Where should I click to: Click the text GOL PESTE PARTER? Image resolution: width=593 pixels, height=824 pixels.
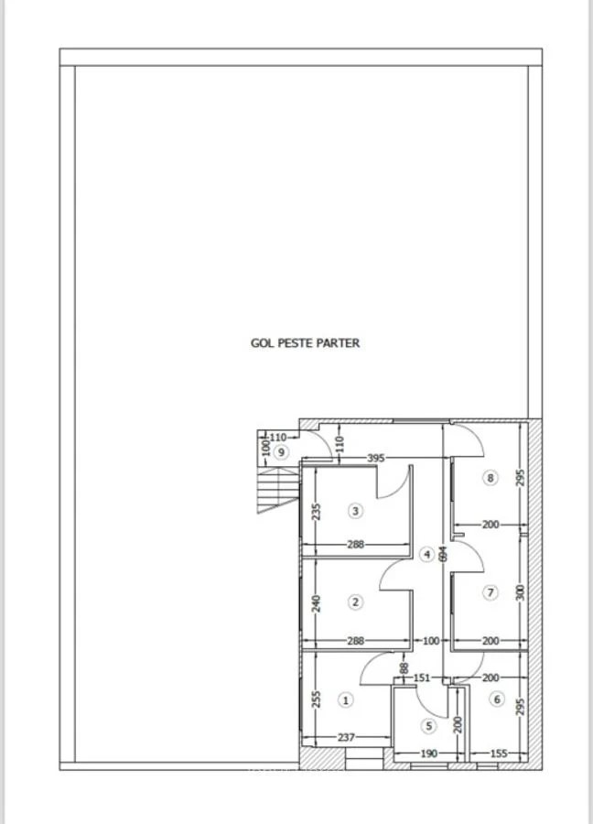[x=305, y=343]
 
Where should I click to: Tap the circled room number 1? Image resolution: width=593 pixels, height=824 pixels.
[x=346, y=700]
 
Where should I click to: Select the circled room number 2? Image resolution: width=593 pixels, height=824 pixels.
[x=356, y=602]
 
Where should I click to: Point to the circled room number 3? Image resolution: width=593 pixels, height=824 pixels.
[x=356, y=511]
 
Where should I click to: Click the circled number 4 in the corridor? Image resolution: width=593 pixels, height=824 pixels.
[x=427, y=555]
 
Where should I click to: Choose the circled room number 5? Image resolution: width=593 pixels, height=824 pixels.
[x=429, y=726]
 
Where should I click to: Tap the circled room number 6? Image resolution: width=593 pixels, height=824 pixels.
[x=497, y=699]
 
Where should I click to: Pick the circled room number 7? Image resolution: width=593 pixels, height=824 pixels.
[x=491, y=592]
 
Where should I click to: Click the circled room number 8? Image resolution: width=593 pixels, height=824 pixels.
[x=491, y=478]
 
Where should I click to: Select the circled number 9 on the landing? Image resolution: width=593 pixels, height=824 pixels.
[x=282, y=452]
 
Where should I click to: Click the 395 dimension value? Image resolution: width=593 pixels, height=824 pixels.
[x=376, y=459]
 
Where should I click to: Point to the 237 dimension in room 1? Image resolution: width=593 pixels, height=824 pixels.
[x=346, y=737]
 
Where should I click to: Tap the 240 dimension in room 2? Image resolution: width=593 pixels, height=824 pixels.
[x=317, y=602]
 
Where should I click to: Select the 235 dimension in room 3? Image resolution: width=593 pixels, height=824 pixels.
[x=317, y=512]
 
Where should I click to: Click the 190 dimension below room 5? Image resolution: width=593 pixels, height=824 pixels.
[x=429, y=754]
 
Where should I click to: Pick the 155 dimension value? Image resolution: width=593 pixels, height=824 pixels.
[x=499, y=754]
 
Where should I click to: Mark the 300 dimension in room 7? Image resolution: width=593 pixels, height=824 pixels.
[x=520, y=593]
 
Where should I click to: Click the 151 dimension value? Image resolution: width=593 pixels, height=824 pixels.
[x=421, y=678]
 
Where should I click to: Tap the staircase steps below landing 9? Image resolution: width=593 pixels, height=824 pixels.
[x=278, y=491]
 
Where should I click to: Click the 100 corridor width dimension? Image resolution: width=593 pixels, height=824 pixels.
[x=431, y=641]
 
